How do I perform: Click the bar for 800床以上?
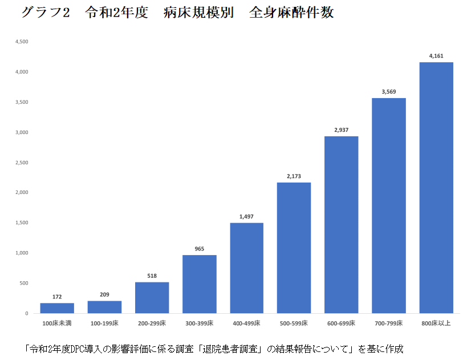436,188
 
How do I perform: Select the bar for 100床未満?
57,308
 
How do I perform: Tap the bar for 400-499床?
247,268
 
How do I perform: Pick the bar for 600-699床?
342,225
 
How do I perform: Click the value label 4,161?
436,56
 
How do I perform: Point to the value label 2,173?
294,176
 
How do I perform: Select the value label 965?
200,249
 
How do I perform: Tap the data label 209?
105,294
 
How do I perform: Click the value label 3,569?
389,92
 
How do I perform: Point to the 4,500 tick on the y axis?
22,42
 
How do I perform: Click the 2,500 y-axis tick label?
22,163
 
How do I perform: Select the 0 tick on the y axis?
26,313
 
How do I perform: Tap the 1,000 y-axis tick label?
22,253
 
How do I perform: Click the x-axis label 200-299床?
152,323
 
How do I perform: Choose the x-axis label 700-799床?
389,323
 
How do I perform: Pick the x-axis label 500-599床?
294,323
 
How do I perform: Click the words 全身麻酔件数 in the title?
291,13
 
